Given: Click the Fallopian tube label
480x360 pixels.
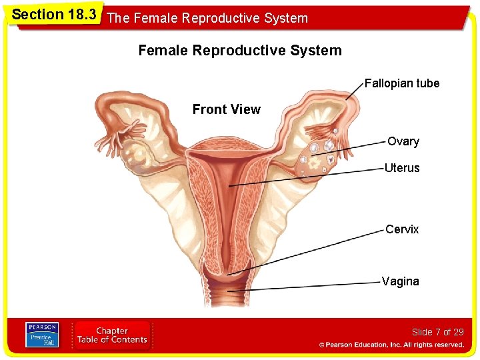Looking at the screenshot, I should (402, 83).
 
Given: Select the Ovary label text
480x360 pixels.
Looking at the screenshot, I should (403, 141).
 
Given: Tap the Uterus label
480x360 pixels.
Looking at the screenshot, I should (402, 168).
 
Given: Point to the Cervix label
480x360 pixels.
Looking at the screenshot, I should (402, 229).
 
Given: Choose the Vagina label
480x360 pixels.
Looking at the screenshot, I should (401, 281).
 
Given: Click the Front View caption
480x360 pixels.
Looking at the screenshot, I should (227, 109).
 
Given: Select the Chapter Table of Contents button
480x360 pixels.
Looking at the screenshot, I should (112, 335).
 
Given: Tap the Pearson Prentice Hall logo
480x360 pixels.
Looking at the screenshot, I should (41, 335).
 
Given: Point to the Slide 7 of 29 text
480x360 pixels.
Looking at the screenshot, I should (437, 332).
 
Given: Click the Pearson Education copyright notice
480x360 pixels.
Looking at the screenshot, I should (391, 345).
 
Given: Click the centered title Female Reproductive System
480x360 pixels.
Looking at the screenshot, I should (240, 51).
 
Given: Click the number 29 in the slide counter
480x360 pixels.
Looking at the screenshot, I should (458, 332).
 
